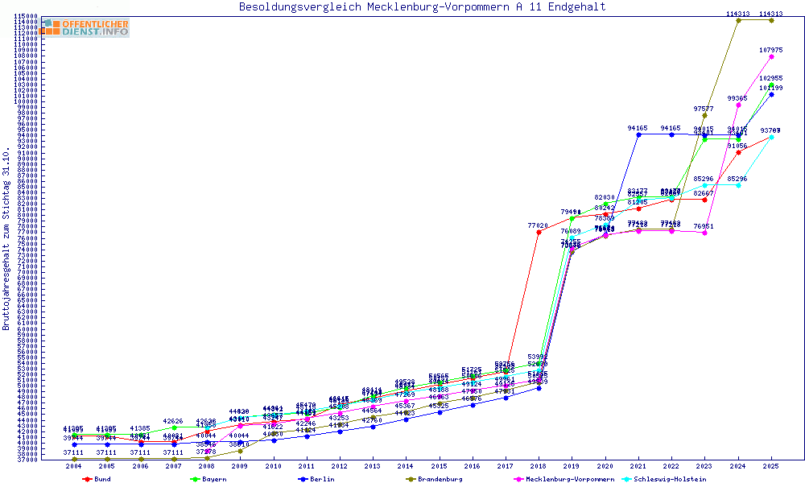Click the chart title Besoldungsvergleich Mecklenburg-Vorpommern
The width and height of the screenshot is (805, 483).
423,7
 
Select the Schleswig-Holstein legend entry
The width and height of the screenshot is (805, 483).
673,479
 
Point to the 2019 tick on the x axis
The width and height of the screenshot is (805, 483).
572,465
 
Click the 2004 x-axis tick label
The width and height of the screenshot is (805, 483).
74,465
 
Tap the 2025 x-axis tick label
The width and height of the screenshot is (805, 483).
771,465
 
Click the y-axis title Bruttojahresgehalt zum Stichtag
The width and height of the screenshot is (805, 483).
7,239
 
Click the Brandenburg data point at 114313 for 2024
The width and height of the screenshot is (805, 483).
738,20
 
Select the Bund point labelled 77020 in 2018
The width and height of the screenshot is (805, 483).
539,232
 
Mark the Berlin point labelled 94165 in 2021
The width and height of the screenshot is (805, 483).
638,134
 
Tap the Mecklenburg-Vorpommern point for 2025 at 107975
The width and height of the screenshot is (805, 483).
771,56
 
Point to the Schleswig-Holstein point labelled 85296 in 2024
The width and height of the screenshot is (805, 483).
738,185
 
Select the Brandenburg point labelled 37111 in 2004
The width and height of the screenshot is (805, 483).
74,459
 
